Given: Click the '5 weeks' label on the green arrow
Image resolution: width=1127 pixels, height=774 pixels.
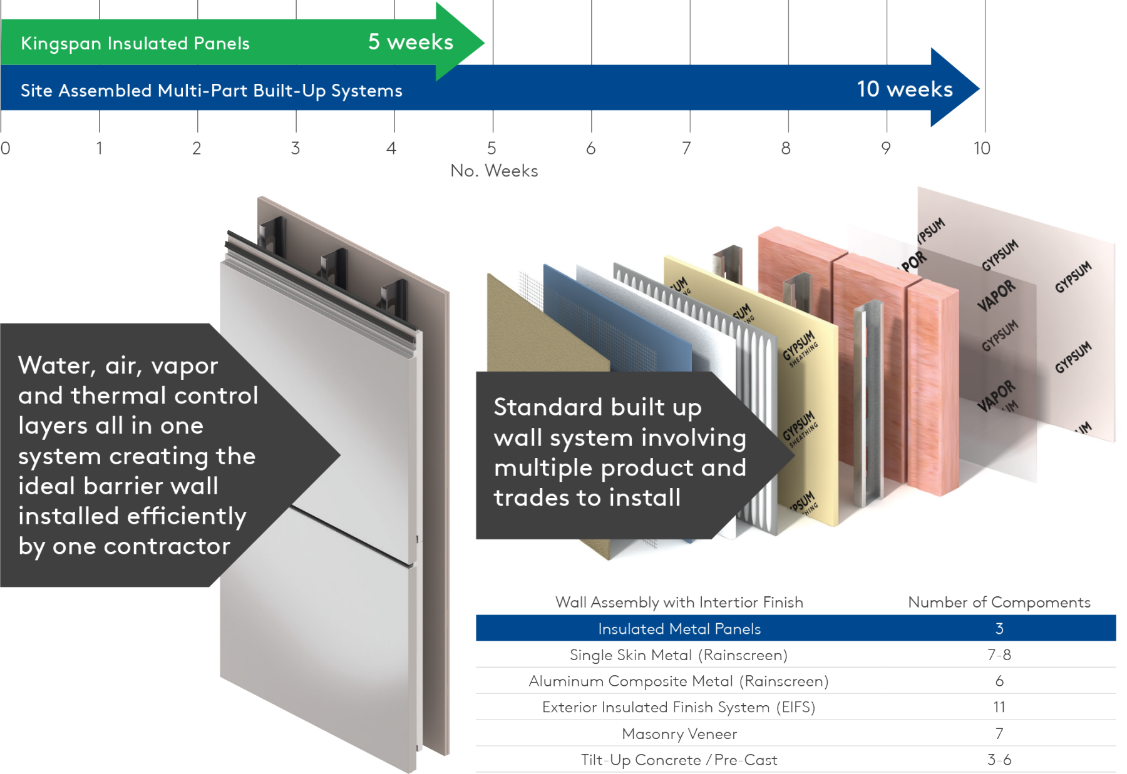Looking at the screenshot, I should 410,42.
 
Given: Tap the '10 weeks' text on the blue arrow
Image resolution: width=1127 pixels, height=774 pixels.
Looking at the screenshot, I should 904,89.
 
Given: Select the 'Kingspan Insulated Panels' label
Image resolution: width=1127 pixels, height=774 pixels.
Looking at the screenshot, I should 135,43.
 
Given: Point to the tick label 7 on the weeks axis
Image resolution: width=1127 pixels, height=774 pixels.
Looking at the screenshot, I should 686,148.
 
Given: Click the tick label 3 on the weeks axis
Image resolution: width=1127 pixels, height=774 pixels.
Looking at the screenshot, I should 295,148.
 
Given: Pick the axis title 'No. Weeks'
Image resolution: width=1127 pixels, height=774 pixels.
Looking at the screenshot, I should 493,171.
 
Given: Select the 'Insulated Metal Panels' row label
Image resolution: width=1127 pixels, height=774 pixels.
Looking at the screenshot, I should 679,629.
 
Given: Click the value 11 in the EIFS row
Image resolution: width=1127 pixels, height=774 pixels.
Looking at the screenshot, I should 999,707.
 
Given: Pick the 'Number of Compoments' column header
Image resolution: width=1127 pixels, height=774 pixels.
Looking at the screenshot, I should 999,602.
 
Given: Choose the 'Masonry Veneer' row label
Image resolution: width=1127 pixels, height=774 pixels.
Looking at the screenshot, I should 679,733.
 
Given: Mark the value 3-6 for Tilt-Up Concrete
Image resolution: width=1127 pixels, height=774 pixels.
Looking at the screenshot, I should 999,760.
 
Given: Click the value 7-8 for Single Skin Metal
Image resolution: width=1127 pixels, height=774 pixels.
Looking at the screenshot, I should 999,655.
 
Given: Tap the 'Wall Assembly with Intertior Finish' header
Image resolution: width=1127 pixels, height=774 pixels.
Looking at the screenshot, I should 679,602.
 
